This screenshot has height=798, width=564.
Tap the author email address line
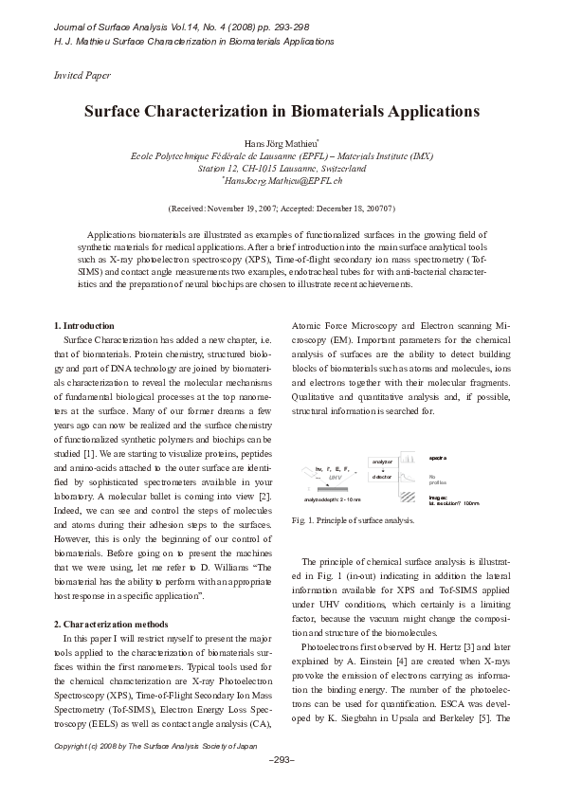click(282, 179)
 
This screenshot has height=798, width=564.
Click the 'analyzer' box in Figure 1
click(381, 462)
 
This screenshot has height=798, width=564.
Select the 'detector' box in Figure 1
click(381, 477)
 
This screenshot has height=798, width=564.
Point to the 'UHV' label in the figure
click(336, 479)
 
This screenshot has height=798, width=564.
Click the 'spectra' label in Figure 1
click(438, 458)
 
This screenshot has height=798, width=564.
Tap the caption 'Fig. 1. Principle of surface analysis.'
click(354, 520)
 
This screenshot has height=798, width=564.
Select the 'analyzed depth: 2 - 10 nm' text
click(333, 499)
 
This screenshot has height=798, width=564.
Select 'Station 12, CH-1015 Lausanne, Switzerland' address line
click(282, 167)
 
